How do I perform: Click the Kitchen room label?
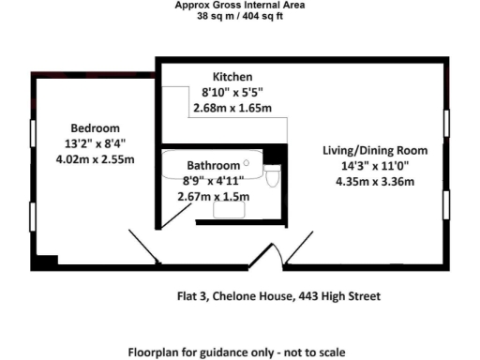click(x=232, y=76)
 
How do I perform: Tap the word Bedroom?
click(x=96, y=127)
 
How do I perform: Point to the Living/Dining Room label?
click(x=375, y=150)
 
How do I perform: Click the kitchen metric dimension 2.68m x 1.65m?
click(x=232, y=109)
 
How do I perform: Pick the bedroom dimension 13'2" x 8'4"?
click(x=96, y=143)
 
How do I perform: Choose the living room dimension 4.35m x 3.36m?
click(x=375, y=182)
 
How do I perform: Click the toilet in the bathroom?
click(x=272, y=177)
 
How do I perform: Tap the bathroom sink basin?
click(x=228, y=212)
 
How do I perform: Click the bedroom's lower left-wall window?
click(x=33, y=217)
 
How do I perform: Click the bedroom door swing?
click(x=142, y=247)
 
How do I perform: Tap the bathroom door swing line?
click(x=175, y=214)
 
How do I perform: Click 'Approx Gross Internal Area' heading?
click(x=240, y=5)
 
